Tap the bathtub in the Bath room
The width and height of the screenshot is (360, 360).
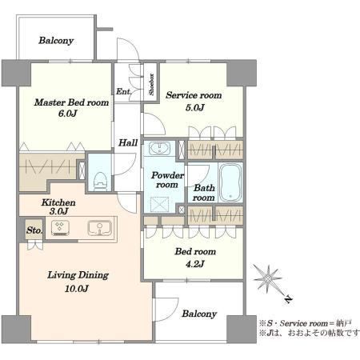pyautogui.click(x=230, y=182)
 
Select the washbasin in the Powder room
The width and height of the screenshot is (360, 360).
pyautogui.click(x=159, y=149)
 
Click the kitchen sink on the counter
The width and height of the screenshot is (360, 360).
pyautogui.click(x=100, y=228)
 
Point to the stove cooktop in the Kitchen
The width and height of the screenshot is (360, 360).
pyautogui.click(x=60, y=228)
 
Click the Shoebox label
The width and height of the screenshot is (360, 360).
pyautogui.click(x=151, y=84)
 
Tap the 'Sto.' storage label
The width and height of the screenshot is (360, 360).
pyautogui.click(x=34, y=230)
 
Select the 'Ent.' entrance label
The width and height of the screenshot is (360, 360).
pyautogui.click(x=124, y=91)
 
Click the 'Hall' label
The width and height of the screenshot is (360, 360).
pyautogui.click(x=128, y=142)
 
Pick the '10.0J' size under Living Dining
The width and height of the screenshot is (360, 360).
pyautogui.click(x=77, y=289)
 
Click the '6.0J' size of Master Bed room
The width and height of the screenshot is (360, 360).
pyautogui.click(x=68, y=114)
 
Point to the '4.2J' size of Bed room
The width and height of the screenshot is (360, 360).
pyautogui.click(x=195, y=264)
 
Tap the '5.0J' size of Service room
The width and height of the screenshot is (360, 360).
pyautogui.click(x=195, y=108)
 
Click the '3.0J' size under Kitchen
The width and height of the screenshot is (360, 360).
pyautogui.click(x=59, y=211)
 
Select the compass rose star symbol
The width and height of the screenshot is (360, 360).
pyautogui.click(x=268, y=278)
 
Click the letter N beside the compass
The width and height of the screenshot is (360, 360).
pyautogui.click(x=288, y=300)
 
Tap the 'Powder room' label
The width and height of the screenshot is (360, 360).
pyautogui.click(x=167, y=180)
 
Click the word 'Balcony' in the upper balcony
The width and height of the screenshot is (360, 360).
pyautogui.click(x=56, y=41)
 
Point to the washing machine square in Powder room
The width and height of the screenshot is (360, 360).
pyautogui.click(x=159, y=204)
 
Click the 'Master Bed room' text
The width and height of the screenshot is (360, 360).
pyautogui.click(x=71, y=102)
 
